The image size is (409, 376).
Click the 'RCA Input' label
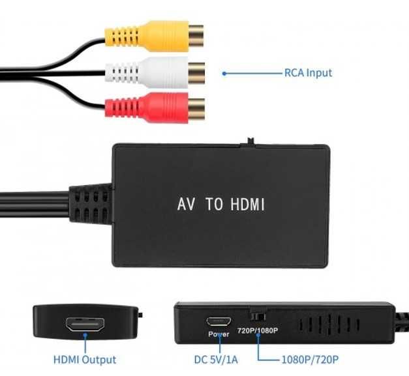[x=308, y=73]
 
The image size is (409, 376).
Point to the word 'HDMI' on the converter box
[x=247, y=205]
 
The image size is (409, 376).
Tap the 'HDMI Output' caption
[x=85, y=359]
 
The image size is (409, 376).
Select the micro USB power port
[x=218, y=321]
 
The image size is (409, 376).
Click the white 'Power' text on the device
[x=219, y=334]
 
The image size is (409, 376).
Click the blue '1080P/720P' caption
[x=309, y=359]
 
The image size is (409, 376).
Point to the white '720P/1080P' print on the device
[x=258, y=330]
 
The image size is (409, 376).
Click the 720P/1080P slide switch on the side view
[x=258, y=315]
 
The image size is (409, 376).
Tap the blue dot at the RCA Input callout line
[x=225, y=74]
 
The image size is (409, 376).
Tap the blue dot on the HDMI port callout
[x=85, y=336]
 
